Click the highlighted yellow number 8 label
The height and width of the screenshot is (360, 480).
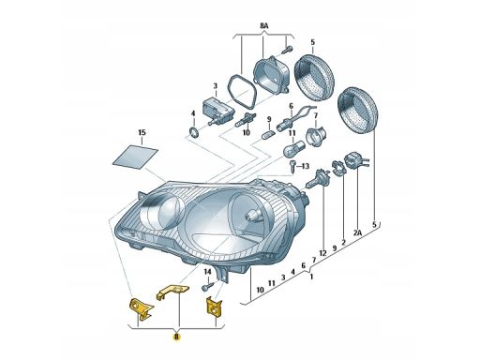[176, 337]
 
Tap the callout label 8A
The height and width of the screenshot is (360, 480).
[264, 26]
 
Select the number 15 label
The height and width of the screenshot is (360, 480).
[142, 132]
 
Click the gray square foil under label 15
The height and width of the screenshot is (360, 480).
[135, 157]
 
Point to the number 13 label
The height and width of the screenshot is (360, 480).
[305, 166]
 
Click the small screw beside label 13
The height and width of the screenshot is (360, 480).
[292, 166]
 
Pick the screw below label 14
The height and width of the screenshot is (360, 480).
[208, 286]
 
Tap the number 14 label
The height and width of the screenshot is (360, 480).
[207, 272]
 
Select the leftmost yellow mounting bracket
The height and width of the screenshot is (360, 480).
[141, 308]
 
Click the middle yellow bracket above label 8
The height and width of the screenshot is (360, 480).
[172, 292]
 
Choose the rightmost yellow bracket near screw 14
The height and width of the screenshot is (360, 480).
[214, 307]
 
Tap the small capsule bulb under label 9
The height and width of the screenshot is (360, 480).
[269, 135]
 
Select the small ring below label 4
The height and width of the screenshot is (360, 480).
[194, 132]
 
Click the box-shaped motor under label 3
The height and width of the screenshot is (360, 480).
[218, 109]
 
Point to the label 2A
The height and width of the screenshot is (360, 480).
[358, 232]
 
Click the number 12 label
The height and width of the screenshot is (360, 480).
[322, 253]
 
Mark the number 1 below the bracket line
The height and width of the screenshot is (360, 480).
[311, 277]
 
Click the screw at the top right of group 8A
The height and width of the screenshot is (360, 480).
[287, 50]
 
